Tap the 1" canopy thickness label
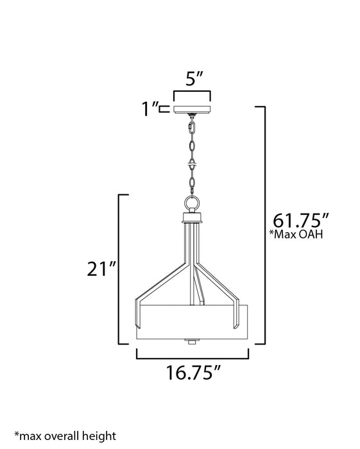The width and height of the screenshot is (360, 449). point(151,109)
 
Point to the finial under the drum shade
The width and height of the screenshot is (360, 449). point(191,340)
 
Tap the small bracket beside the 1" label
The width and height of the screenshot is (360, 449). point(166,109)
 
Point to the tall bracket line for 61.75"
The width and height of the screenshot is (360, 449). point(264,224)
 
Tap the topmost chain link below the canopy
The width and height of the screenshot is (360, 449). point(191,128)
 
